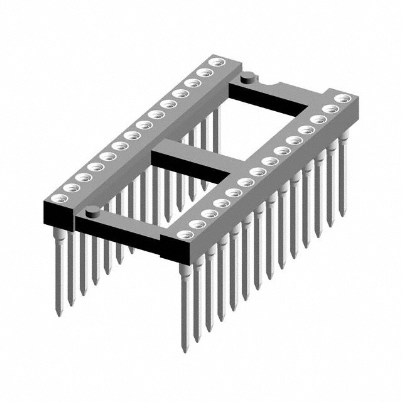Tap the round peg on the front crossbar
point(92,210)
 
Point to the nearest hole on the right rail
point(183,234)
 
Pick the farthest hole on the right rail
point(342,99)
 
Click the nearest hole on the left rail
point(69,187)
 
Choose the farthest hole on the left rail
point(217,62)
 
